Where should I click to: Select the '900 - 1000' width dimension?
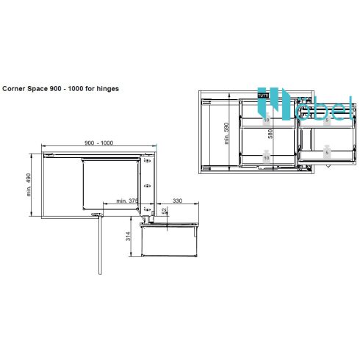pos(99,142)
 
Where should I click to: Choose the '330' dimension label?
pos(177,199)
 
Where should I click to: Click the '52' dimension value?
pos(164,211)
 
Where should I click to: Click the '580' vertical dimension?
pos(271,135)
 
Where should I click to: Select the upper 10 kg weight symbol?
pos(267,119)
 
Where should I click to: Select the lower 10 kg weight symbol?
pos(267,156)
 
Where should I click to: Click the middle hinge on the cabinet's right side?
pos(148,187)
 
